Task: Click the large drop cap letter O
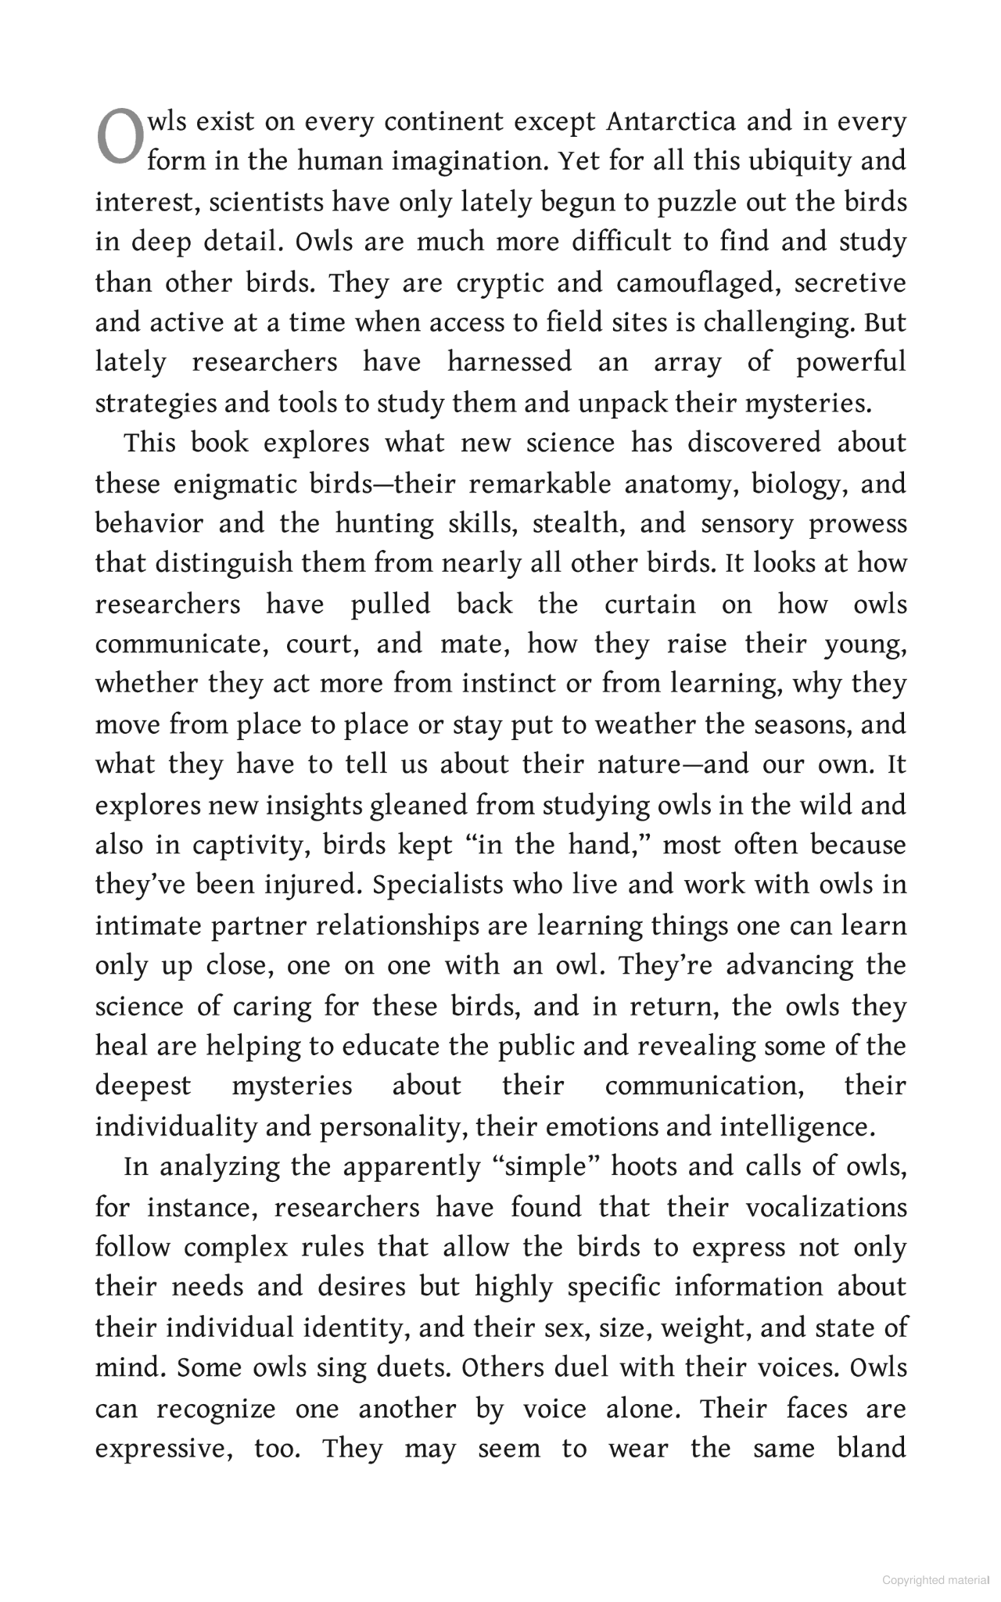click(120, 138)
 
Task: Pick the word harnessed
click(509, 363)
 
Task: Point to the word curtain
click(650, 605)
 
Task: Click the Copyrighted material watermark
click(936, 1579)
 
